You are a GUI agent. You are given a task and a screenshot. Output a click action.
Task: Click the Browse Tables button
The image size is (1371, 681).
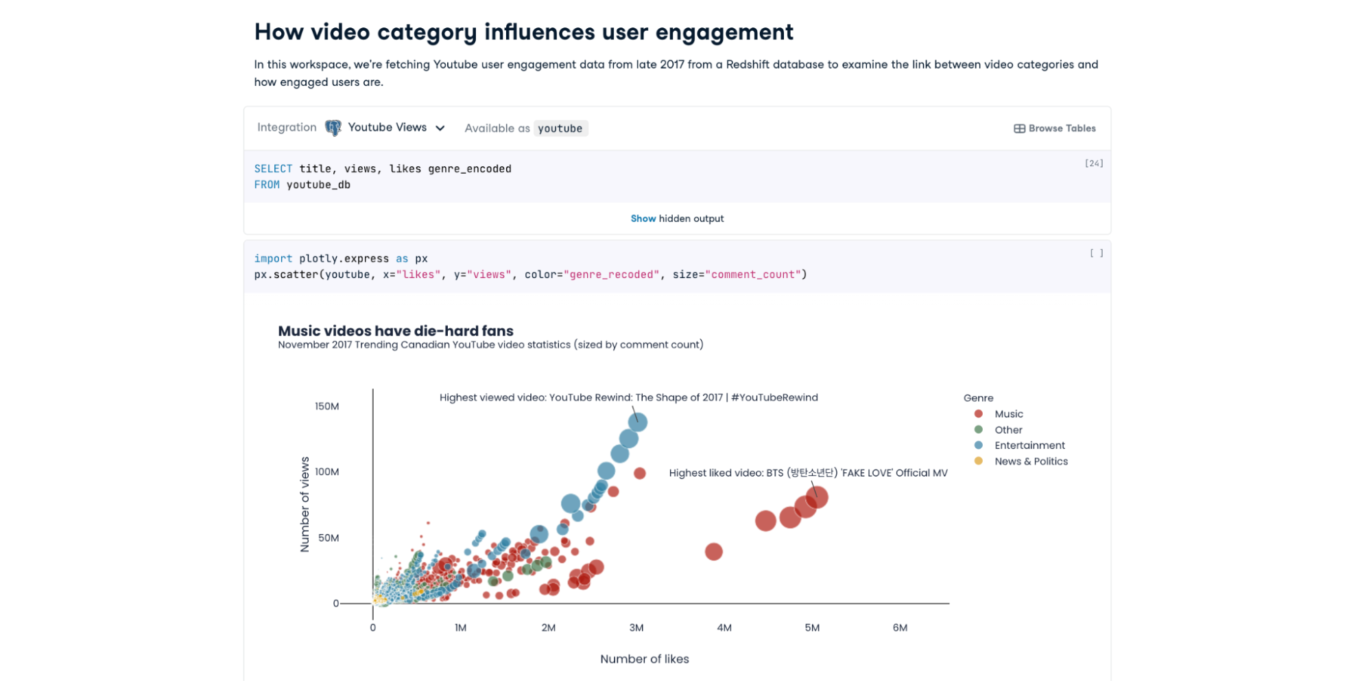(x=1055, y=128)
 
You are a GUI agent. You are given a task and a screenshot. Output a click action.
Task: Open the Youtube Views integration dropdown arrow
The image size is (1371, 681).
(x=440, y=128)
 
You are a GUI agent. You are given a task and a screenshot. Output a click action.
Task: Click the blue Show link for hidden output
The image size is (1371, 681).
(x=643, y=218)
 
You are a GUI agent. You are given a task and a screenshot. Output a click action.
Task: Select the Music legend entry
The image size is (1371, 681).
(x=1008, y=414)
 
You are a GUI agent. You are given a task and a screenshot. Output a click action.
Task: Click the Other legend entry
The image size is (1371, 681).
(x=1008, y=430)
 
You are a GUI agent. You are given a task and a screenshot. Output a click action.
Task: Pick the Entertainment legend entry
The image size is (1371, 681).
(x=1029, y=446)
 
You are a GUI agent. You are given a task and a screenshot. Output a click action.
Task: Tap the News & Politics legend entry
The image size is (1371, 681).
(x=1031, y=461)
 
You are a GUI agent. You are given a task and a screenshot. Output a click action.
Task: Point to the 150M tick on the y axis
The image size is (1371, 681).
(x=326, y=406)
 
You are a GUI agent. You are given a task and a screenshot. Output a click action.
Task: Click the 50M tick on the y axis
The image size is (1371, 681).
(x=329, y=538)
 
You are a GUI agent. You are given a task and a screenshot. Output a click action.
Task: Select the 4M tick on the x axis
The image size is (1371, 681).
(x=724, y=627)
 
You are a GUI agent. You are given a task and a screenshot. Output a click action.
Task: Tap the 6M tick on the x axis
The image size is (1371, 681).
(x=900, y=627)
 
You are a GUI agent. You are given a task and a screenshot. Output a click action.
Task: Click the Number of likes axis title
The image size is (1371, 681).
(x=644, y=659)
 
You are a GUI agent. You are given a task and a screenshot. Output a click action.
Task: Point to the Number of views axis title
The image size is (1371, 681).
(x=305, y=505)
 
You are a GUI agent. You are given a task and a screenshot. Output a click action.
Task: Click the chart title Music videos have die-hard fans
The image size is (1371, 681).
(x=396, y=331)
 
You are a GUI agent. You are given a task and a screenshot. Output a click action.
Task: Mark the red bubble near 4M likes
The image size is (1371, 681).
(x=713, y=551)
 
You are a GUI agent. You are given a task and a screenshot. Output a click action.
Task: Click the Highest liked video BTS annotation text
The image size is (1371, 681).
(x=808, y=473)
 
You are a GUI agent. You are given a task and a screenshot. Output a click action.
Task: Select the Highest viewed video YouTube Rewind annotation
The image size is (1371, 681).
(x=628, y=397)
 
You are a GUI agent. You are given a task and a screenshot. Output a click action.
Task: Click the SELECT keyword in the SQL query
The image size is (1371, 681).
(x=273, y=169)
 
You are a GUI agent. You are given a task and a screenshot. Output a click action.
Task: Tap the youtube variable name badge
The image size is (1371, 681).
(x=560, y=128)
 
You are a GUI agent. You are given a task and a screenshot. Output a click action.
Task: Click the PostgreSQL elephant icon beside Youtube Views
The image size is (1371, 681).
(x=333, y=128)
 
